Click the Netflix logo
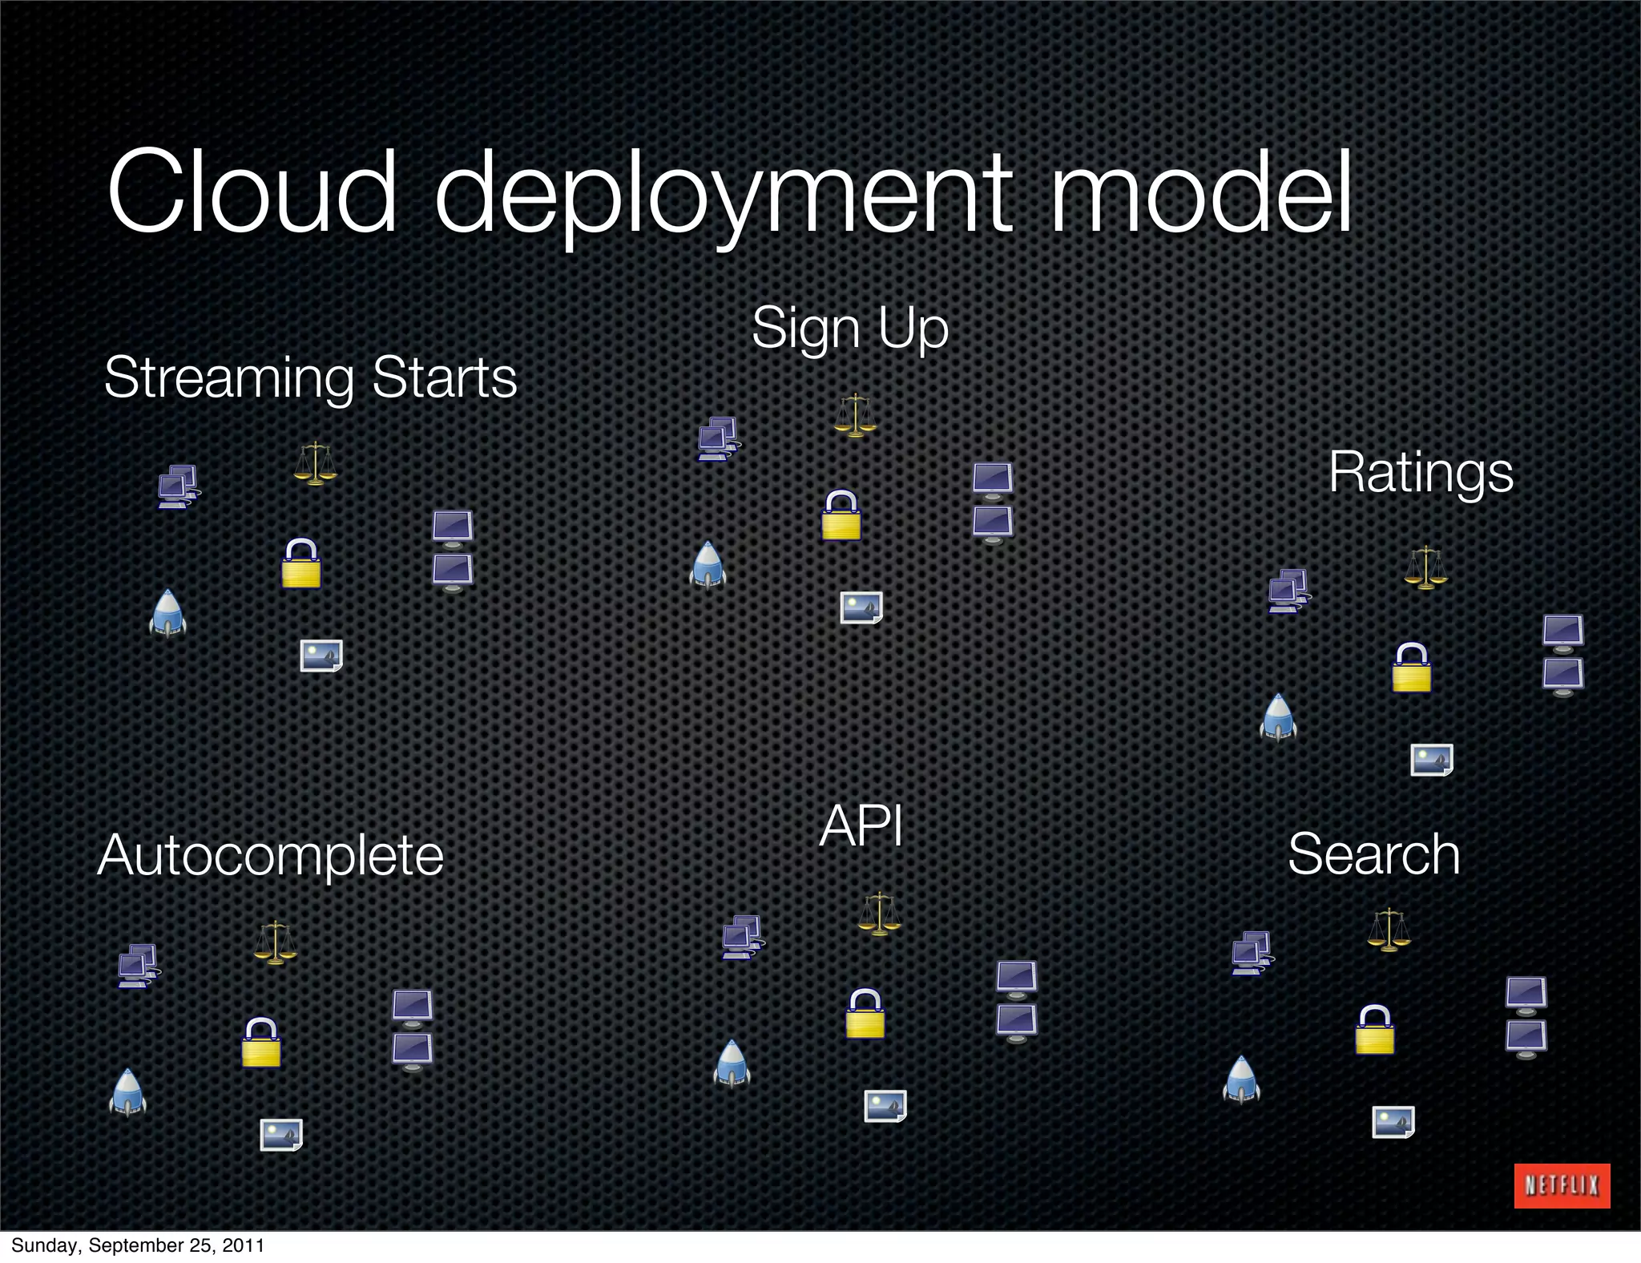pos(1562,1185)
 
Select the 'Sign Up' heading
pos(850,328)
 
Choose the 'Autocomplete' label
pos(271,855)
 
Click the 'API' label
pos(861,825)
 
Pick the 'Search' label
pos(1373,854)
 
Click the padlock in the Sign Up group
pos(841,515)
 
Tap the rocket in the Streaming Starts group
pos(167,614)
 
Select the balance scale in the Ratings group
pos(1425,567)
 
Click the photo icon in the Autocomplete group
pos(281,1135)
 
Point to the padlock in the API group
pos(865,1014)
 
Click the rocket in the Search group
pos(1241,1079)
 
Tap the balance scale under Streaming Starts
pos(315,463)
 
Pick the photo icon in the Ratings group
pos(1432,760)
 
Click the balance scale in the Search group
pos(1389,930)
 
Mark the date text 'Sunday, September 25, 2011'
pos(137,1245)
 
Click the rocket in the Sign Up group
pos(708,566)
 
